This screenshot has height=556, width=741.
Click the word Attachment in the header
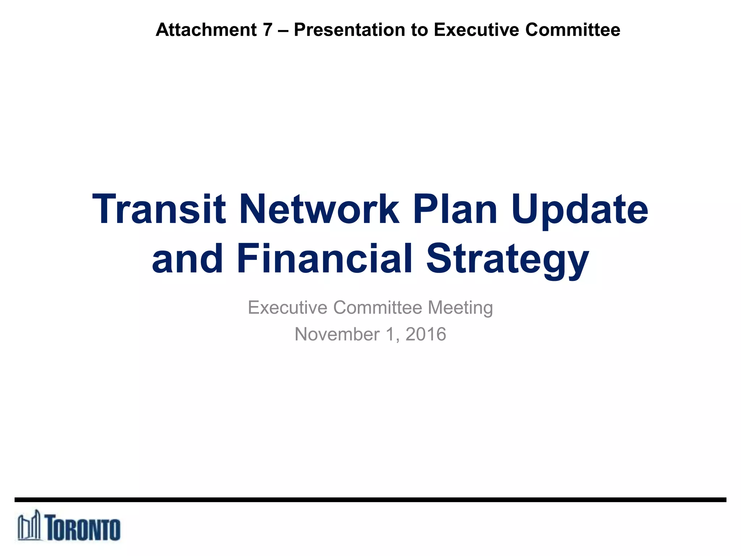point(206,30)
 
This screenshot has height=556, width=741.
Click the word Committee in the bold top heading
point(573,30)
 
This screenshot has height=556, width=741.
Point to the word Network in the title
point(319,209)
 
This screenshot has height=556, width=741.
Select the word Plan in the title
point(455,209)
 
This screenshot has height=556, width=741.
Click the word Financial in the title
point(325,258)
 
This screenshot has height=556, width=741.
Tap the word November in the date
point(337,334)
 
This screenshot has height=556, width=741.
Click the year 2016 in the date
point(425,334)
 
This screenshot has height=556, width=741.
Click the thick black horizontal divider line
point(370,500)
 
